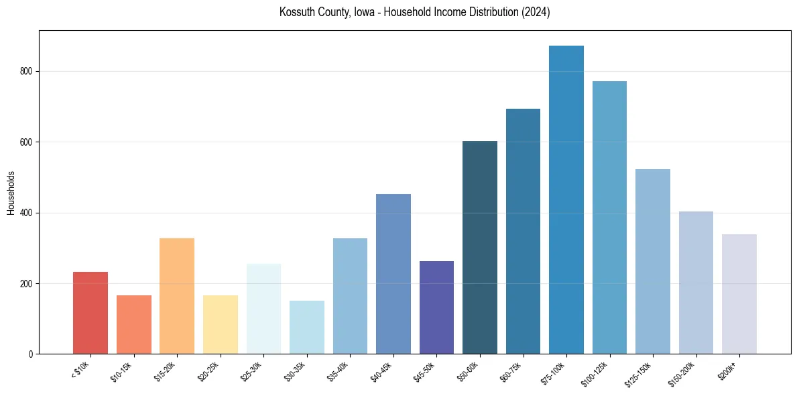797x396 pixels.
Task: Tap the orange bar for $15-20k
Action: pos(177,296)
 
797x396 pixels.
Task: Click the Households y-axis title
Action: pos(11,193)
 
